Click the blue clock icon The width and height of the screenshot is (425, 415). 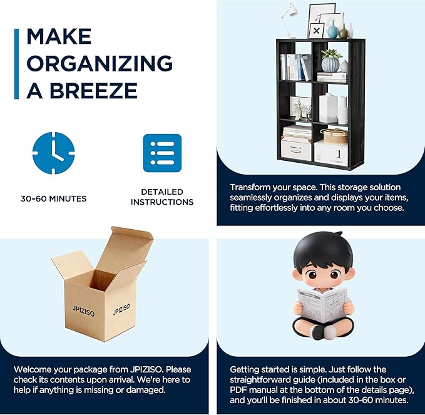(53, 153)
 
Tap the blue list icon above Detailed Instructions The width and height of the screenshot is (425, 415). (162, 153)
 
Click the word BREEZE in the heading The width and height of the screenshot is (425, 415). (93, 90)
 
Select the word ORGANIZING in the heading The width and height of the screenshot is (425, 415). (100, 63)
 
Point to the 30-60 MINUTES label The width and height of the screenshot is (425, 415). (54, 198)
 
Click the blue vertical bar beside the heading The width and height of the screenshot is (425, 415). (16, 64)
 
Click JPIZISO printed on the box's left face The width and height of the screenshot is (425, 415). (83, 311)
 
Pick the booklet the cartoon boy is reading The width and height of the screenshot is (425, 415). (322, 305)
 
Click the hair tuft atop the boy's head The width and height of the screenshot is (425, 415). (338, 233)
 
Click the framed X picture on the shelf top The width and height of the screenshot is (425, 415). (316, 31)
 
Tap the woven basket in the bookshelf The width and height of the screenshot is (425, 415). (335, 136)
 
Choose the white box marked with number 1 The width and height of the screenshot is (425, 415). (331, 153)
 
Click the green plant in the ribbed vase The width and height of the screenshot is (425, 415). (331, 54)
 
